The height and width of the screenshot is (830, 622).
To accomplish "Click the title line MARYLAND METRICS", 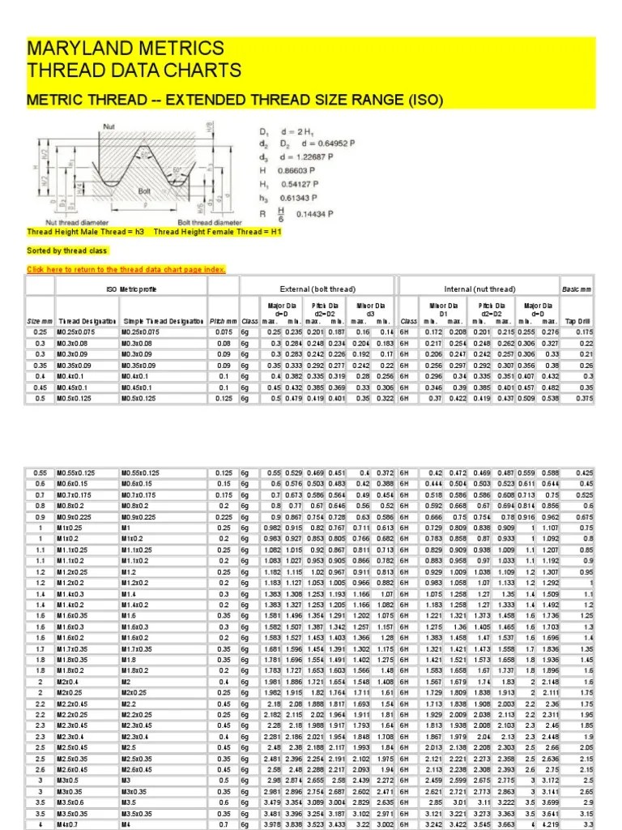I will [x=126, y=48].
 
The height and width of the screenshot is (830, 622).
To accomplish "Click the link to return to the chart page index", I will [x=126, y=270].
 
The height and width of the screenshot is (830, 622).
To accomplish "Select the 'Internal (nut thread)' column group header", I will [x=479, y=289].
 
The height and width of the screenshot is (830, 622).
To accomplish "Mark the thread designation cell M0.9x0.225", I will [x=78, y=517].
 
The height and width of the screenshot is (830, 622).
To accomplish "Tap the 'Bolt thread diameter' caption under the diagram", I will [x=208, y=222].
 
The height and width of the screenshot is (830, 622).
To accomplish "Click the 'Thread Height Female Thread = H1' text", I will [x=218, y=232].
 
